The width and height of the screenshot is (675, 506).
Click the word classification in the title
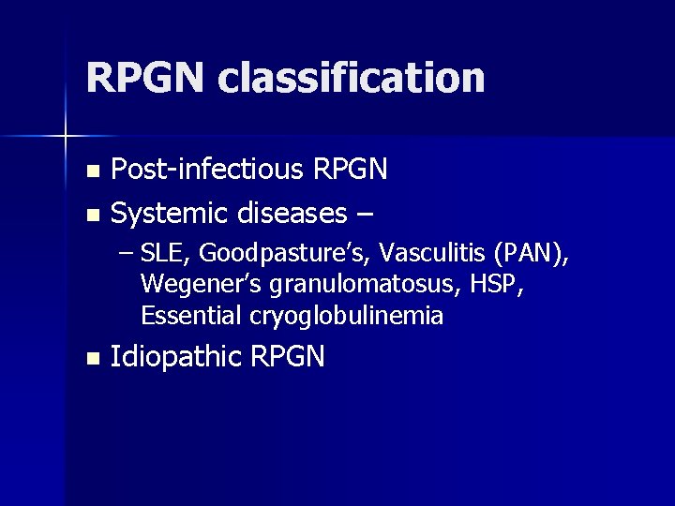point(352,79)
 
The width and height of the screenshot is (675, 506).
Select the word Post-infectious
point(205,170)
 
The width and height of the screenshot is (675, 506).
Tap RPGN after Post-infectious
point(350,170)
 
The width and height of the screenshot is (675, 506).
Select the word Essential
point(192,316)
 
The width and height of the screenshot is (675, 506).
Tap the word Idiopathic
point(176,357)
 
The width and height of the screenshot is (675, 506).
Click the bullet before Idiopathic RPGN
point(91,358)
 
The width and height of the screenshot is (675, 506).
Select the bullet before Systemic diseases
point(91,216)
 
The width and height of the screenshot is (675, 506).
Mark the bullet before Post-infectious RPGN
point(91,171)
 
